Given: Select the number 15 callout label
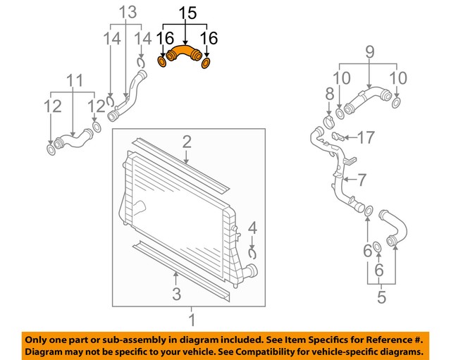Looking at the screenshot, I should pos(185,13).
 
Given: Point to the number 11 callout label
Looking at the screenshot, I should pos(73,80).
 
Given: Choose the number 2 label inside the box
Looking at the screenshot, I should pos(186,143).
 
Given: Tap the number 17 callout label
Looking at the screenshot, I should pos(364,137).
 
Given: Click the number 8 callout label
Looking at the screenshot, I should pos(328,94).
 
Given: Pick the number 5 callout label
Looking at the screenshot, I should pos(381,297).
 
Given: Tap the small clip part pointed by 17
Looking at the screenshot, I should pos(338,135).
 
